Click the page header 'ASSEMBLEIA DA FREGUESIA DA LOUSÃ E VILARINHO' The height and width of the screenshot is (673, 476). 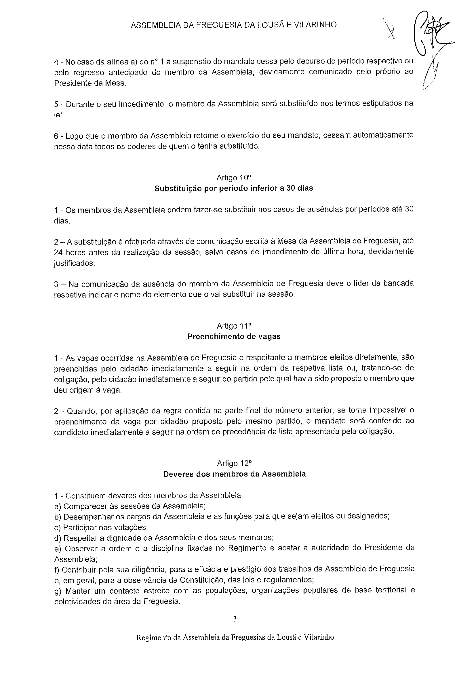pos(234,25)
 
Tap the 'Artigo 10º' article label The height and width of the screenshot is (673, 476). pos(234,178)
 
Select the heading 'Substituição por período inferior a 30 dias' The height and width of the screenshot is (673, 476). pos(234,188)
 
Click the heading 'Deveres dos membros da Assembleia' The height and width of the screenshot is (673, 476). pos(234,474)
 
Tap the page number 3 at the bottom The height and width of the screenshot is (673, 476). pos(234,619)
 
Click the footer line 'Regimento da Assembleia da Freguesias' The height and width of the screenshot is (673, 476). pos(235,637)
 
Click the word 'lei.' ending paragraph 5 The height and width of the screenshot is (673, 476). pos(59,115)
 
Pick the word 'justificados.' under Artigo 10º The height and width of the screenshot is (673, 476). pos(74,263)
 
